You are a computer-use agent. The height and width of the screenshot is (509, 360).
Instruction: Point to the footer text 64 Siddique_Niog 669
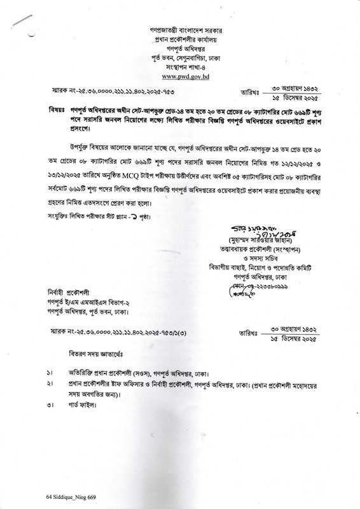(73, 494)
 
